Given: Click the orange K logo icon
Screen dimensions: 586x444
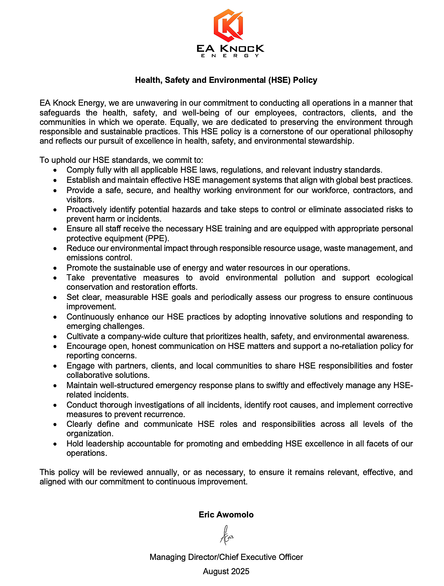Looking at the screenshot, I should [229, 25].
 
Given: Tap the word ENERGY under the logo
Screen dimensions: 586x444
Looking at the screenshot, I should [230, 55].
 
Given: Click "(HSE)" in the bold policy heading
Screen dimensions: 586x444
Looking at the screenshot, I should [280, 80].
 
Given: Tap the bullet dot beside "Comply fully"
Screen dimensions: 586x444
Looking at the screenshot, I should [55, 170].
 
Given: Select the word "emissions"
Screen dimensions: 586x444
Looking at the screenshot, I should [84, 257].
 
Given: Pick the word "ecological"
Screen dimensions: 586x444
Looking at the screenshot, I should [394, 277].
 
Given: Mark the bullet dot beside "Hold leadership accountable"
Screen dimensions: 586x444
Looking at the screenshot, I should [55, 444].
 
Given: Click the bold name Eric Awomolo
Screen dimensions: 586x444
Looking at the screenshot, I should [226, 515].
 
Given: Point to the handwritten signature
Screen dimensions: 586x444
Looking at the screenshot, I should [226, 535].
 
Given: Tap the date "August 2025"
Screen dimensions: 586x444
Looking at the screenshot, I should [226, 571].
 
